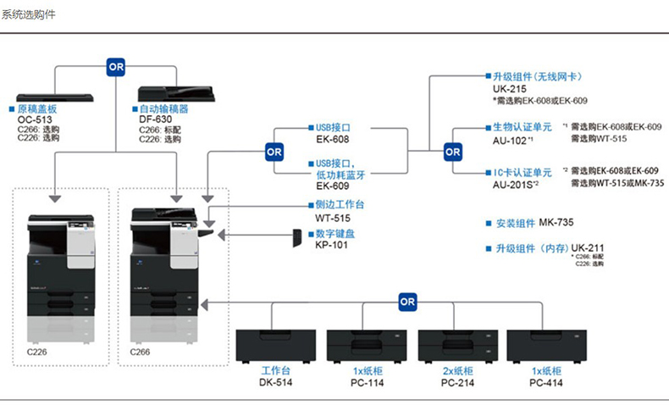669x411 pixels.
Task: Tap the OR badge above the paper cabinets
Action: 407,300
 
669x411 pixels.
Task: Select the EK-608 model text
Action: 332,138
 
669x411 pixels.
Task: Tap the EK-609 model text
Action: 332,185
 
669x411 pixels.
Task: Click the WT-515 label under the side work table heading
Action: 332,216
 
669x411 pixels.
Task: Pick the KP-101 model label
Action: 332,245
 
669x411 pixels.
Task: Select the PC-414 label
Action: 546,382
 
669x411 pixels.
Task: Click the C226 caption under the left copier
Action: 38,352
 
